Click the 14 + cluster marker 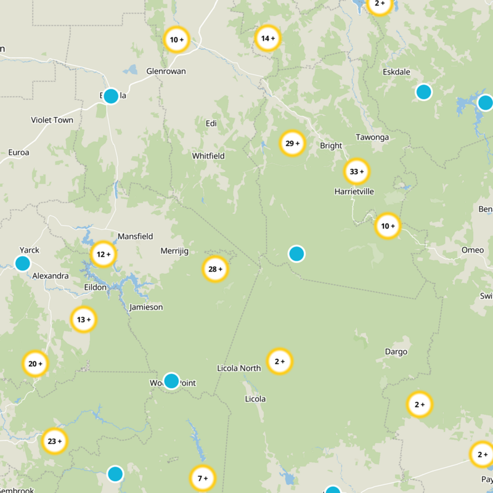click(x=268, y=38)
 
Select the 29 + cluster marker click(x=292, y=144)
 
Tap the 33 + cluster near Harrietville click(x=357, y=171)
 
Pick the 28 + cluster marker click(x=216, y=269)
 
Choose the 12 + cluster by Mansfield click(x=104, y=254)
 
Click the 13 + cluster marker click(x=84, y=319)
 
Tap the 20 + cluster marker click(x=36, y=364)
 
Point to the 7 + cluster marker click(x=203, y=478)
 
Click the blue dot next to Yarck click(x=23, y=264)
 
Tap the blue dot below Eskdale click(x=423, y=92)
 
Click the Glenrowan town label click(x=166, y=71)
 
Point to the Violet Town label click(x=52, y=120)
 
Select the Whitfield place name click(x=208, y=156)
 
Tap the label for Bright click(x=331, y=146)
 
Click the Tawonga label click(x=372, y=137)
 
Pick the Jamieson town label click(x=146, y=307)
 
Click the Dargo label click(x=396, y=352)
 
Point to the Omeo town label click(x=473, y=250)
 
